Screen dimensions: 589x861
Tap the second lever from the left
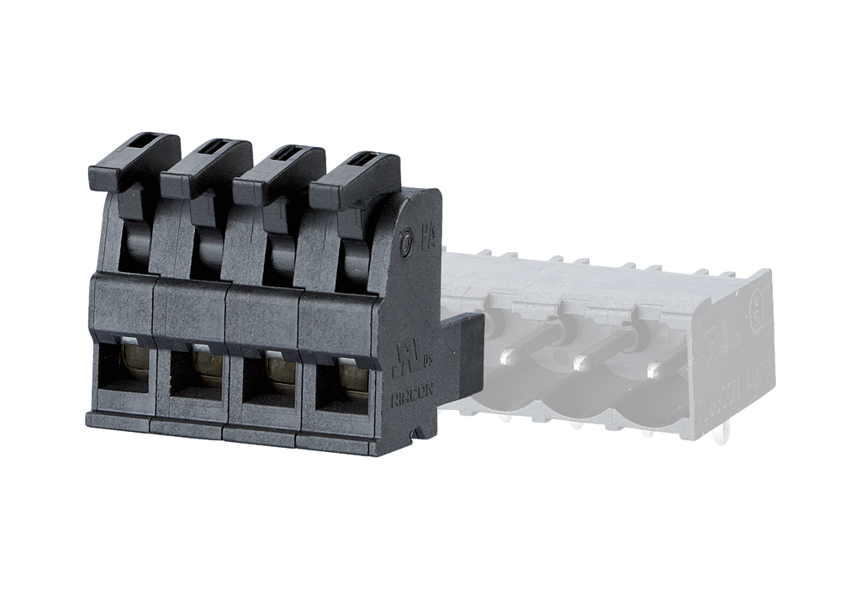206,164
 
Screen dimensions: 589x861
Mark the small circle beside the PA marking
407,244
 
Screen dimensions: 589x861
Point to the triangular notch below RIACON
413,434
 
